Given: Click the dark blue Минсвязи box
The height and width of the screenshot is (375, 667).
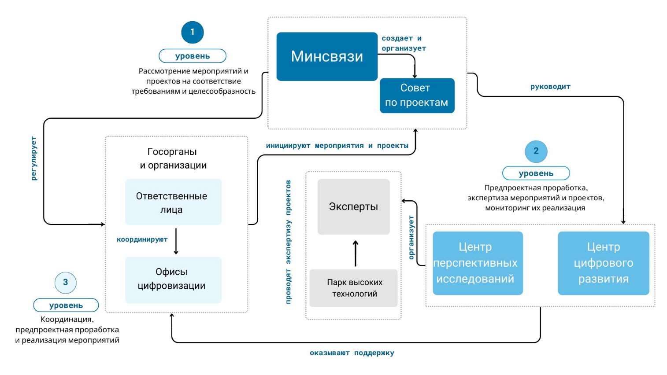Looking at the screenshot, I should coord(327,56).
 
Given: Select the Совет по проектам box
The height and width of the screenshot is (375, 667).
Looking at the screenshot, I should coord(417,96).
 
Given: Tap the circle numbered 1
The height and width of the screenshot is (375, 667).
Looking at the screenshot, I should coord(193,32).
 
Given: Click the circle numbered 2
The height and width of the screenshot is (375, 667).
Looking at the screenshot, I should coord(536,151).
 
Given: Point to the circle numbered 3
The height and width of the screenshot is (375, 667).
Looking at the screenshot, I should coord(66,283).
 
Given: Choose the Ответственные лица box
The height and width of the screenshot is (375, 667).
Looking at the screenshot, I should coord(173,202).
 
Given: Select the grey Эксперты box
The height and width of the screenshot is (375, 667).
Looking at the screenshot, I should coord(353,206).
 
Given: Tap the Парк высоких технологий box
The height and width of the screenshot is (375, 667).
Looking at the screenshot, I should coord(354,288).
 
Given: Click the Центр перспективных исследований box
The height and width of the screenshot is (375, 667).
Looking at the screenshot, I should coord(478,263).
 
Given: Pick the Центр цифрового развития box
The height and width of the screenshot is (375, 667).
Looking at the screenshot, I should coord(603,263).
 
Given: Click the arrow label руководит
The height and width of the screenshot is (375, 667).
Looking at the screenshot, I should coord(550,87).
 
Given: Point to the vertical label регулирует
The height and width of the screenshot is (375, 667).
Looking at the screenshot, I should coord(34,158).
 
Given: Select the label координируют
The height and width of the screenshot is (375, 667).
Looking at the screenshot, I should coord(142,239).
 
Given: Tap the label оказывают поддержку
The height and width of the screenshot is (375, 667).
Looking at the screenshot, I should coord(352,353).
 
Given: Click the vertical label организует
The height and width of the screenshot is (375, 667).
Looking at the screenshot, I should coord(411,237).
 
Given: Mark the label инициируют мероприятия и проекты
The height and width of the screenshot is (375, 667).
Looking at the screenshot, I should coord(337,146).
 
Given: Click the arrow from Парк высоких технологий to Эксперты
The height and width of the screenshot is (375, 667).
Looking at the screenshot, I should coord(356,254).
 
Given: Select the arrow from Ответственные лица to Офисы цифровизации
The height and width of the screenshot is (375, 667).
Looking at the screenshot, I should coord(176,241).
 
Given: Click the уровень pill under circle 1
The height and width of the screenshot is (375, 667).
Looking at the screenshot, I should coord(193,56).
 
